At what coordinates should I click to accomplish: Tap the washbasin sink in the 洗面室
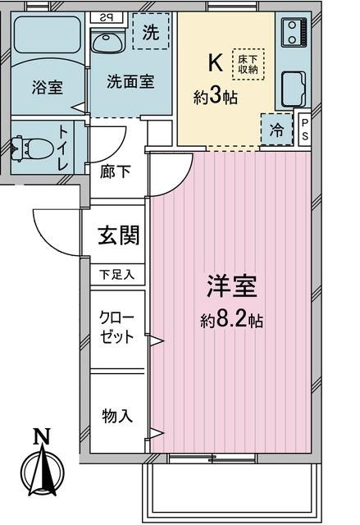coord(107,42)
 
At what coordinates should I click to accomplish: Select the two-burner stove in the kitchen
coord(294,32)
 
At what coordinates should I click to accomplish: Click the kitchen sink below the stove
coord(293,89)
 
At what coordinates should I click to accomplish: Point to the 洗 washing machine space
coord(151,31)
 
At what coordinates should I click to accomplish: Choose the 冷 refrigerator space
coord(277,130)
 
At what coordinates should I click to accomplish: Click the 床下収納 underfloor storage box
coord(248,64)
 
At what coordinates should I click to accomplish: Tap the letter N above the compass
coord(42,436)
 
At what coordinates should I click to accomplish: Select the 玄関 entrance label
coord(118,235)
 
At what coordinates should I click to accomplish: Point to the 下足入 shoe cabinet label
coord(117,275)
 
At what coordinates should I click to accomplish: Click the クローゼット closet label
coord(116,326)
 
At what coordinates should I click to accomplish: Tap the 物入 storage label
coord(116,416)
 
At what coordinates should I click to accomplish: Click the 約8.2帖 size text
coord(231,321)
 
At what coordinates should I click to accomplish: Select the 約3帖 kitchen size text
coord(216,97)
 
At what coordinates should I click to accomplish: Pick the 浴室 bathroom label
coord(48,88)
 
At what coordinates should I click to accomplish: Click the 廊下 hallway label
coord(115,172)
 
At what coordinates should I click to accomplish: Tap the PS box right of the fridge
coord(305,130)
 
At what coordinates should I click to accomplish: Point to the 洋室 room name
coord(231,286)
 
